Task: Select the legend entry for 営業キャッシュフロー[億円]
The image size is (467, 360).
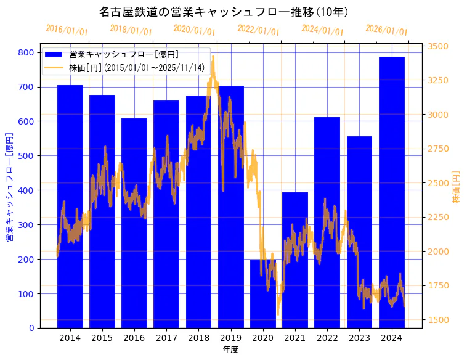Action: pyautogui.click(x=124, y=55)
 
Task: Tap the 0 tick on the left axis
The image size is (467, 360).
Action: pyautogui.click(x=31, y=328)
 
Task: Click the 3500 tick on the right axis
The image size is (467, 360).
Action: pyautogui.click(x=439, y=46)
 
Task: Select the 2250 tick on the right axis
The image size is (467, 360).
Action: pyautogui.click(x=439, y=217)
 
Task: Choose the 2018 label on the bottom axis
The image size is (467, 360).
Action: pyautogui.click(x=198, y=338)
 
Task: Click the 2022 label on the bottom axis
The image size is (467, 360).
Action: pyautogui.click(x=327, y=338)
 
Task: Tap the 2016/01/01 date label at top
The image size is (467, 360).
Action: pyautogui.click(x=67, y=30)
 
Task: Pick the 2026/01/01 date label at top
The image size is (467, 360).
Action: pyautogui.click(x=386, y=30)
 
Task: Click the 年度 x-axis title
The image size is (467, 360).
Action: pyautogui.click(x=230, y=350)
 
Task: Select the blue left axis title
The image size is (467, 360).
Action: pyautogui.click(x=9, y=187)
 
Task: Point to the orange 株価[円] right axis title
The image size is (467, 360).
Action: pyautogui.click(x=457, y=187)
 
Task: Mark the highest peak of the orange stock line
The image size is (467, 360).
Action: pyautogui.click(x=213, y=57)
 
